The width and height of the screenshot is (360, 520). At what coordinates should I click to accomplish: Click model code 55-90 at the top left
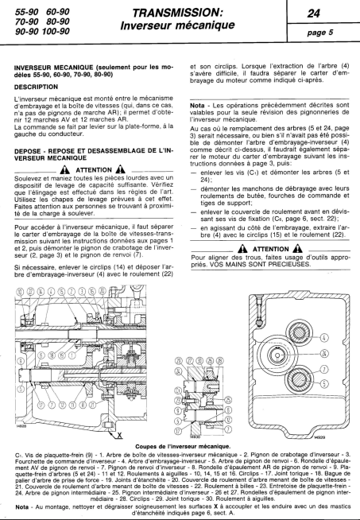19,14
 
